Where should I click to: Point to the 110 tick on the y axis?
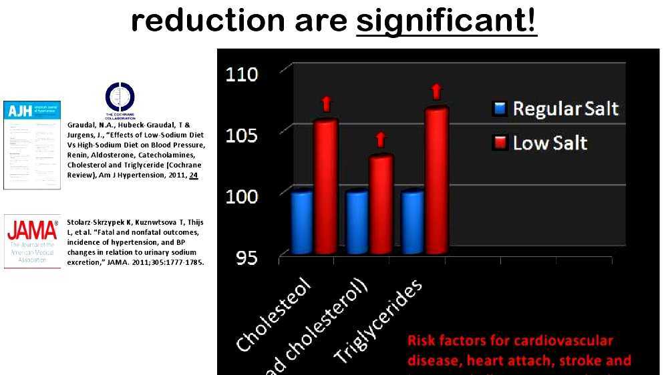tap(240, 73)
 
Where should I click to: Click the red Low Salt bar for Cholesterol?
tap(325, 187)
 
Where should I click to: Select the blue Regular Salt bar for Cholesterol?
tap(301, 222)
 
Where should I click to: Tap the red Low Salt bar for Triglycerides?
tap(436, 180)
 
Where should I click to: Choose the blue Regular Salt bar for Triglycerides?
tap(412, 222)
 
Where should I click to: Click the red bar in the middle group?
tap(381, 204)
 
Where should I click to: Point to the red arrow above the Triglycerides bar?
tap(436, 91)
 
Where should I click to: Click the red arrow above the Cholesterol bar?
tap(326, 103)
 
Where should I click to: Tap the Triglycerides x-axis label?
tap(379, 322)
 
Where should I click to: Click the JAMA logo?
tap(31, 241)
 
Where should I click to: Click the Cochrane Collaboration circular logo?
tap(120, 97)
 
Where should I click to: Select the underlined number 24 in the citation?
tap(193, 175)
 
